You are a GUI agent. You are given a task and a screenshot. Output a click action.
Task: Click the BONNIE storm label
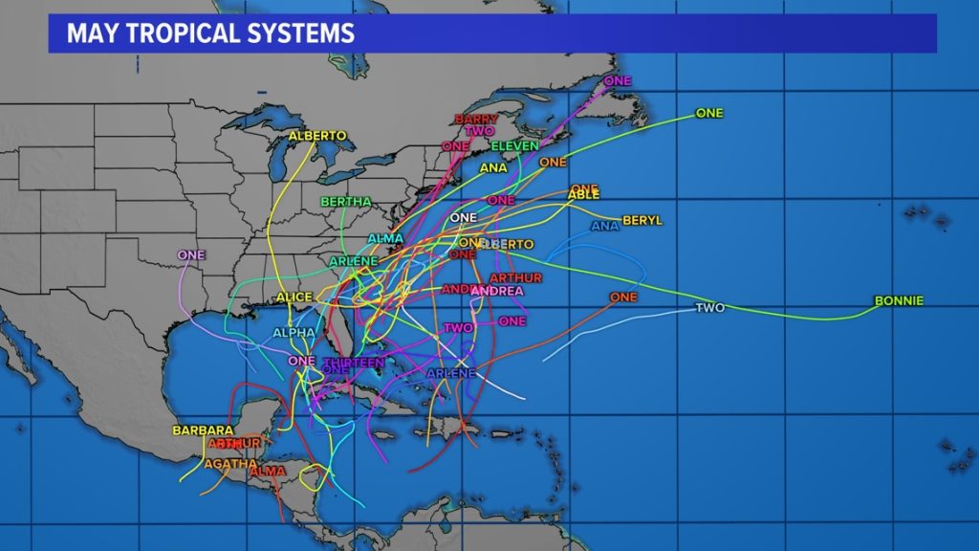click(x=899, y=301)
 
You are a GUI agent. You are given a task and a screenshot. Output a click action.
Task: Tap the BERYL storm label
click(x=642, y=221)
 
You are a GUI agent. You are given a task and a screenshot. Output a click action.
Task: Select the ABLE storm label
click(x=583, y=195)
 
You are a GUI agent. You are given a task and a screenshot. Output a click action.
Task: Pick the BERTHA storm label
click(x=345, y=202)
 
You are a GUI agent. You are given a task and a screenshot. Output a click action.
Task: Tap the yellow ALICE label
click(x=294, y=298)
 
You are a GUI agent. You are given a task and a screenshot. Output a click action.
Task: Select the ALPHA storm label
click(x=294, y=333)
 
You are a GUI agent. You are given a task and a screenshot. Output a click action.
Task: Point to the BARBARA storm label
click(x=203, y=430)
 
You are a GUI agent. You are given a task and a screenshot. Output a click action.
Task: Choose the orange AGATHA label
click(x=230, y=464)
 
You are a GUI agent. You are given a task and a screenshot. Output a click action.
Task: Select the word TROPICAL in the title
click(x=179, y=34)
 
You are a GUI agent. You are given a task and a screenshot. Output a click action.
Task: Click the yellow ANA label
click(x=493, y=168)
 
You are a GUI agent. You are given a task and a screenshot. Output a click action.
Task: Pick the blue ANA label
click(x=605, y=227)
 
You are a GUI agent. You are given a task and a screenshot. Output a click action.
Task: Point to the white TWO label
click(x=709, y=308)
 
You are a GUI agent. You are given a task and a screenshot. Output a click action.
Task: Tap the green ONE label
click(x=709, y=113)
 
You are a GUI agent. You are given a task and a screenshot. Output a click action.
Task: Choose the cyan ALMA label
click(x=385, y=238)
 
